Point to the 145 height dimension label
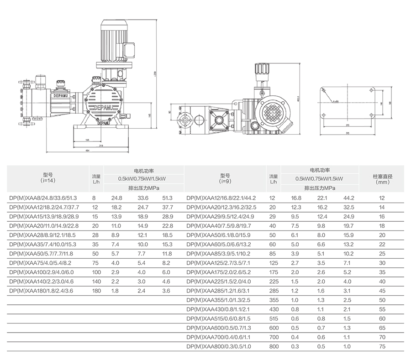(x=150, y=116)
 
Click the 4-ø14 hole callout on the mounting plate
(x=336, y=101)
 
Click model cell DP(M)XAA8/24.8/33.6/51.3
(x=43, y=198)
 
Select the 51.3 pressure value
(x=168, y=198)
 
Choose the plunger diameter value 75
(x=382, y=346)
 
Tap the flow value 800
(x=273, y=346)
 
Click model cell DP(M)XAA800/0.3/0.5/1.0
(x=220, y=346)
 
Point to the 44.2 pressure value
(x=349, y=198)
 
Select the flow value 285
(x=273, y=291)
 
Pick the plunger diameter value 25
(x=382, y=254)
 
